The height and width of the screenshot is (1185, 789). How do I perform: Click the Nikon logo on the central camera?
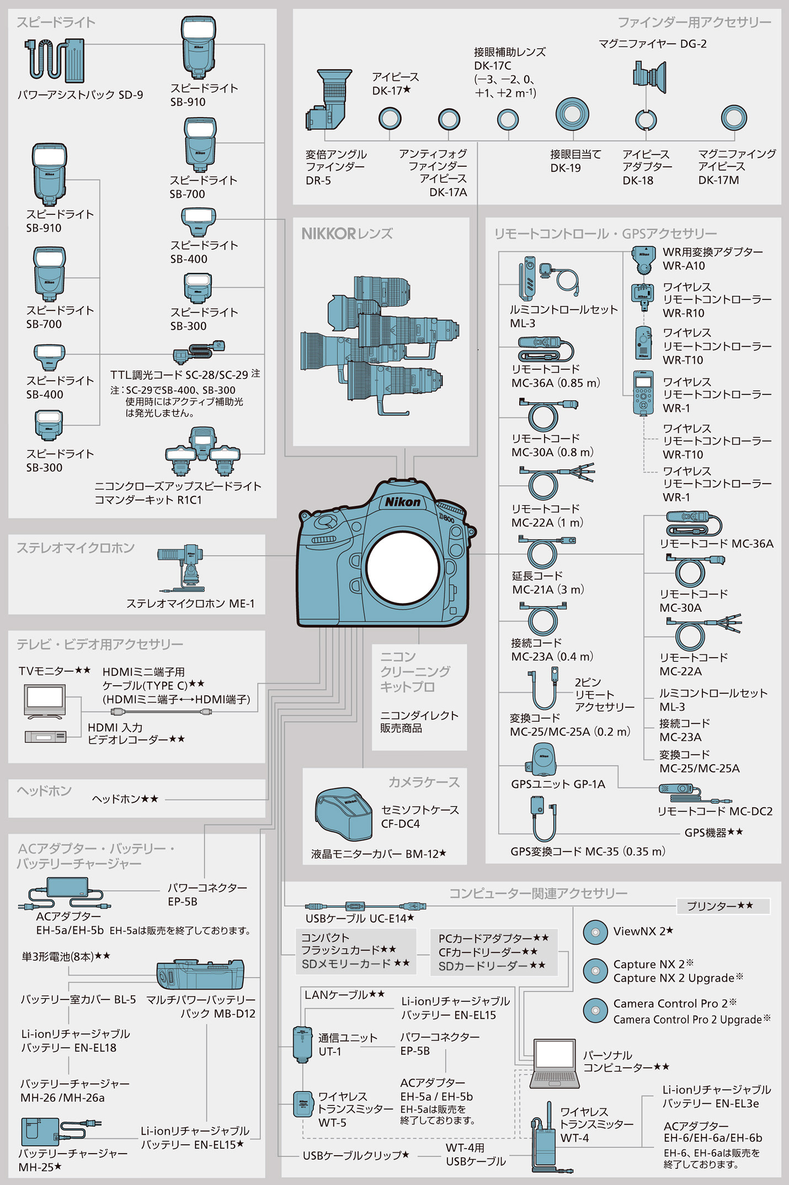pyautogui.click(x=403, y=502)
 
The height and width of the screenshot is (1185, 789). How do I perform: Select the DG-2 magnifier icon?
pyautogui.click(x=649, y=77)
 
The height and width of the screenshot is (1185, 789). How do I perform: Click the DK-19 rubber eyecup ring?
pyautogui.click(x=572, y=114)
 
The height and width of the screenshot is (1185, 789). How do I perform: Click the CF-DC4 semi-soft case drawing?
pyautogui.click(x=343, y=814)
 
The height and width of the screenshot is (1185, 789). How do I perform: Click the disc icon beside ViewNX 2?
pyautogui.click(x=595, y=932)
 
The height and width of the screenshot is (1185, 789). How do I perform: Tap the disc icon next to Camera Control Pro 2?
pyautogui.click(x=595, y=1011)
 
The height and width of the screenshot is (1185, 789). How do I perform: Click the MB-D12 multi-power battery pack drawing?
pyautogui.click(x=200, y=975)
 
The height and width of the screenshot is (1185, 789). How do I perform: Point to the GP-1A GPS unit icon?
pyautogui.click(x=542, y=760)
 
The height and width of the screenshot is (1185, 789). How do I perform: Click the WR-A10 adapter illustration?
pyautogui.click(x=643, y=260)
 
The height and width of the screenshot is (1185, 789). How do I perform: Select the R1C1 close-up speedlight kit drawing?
pyautogui.click(x=202, y=452)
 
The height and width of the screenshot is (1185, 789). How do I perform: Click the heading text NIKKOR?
pyautogui.click(x=329, y=234)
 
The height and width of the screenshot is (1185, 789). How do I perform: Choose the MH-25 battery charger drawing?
pyautogui.click(x=41, y=1131)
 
